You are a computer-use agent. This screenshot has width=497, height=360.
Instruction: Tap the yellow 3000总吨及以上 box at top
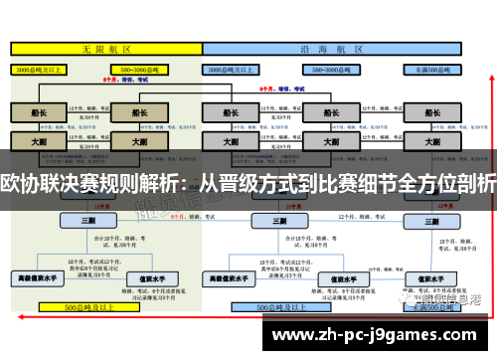[x=38, y=70]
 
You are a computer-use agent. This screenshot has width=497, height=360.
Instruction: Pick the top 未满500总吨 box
[x=433, y=70]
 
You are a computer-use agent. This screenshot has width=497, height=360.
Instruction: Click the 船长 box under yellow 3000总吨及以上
[x=38, y=112]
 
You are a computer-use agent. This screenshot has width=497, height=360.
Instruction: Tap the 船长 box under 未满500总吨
[x=433, y=112]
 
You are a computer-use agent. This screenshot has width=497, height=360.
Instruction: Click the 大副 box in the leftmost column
[x=38, y=142]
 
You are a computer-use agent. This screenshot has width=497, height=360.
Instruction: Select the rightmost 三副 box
[x=433, y=220]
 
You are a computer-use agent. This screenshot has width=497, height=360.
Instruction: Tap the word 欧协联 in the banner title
[x=26, y=183]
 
